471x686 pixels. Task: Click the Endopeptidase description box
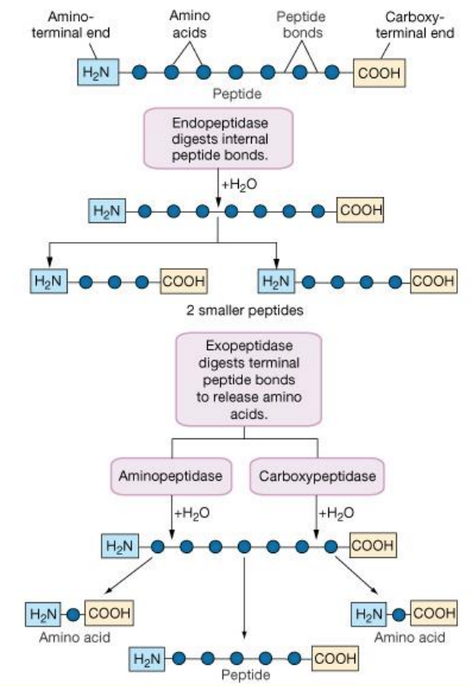pos(218,139)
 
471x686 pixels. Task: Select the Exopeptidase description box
pos(249,379)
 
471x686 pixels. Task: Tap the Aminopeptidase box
pos(170,476)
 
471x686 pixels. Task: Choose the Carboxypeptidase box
pos(317,476)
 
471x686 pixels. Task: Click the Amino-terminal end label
pos(71,25)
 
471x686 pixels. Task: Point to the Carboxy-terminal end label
pos(415,25)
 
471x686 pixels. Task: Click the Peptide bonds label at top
pos(302,25)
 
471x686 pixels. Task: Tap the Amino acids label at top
pos(190,24)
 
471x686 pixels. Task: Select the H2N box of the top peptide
pos(98,73)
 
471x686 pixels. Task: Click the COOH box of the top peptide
pos(379,73)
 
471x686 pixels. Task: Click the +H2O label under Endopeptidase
pos(239,185)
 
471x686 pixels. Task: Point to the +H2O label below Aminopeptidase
pos(191,512)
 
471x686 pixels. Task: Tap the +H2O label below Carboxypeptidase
pos(337,512)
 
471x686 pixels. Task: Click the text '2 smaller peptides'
pos(244,310)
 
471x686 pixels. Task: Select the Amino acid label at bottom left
pos(74,637)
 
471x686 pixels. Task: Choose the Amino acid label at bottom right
pos(410,637)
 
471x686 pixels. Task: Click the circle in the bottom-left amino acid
pos(73,614)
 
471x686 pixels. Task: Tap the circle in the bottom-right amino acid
pos(398,614)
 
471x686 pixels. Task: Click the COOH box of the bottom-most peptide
pos(335,658)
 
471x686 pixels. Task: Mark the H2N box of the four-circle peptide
pos(276,281)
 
